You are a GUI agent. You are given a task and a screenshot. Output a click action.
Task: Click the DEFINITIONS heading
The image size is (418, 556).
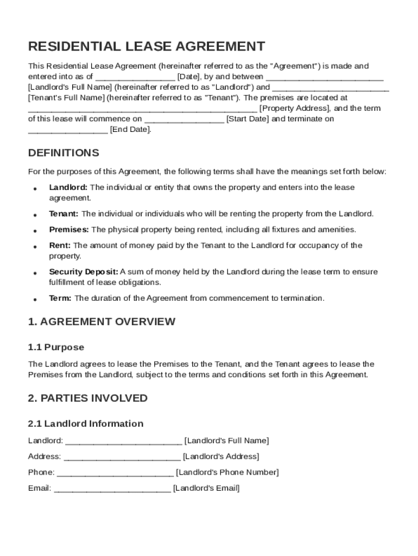pos(64,153)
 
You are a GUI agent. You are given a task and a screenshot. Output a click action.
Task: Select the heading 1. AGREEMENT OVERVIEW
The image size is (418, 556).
pos(102,321)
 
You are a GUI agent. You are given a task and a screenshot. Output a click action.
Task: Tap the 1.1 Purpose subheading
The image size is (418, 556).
pos(56,347)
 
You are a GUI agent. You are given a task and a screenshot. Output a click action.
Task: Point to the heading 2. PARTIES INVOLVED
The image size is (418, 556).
pos(87,398)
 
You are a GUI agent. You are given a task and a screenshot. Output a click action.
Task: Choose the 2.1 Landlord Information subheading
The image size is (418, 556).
pos(86,424)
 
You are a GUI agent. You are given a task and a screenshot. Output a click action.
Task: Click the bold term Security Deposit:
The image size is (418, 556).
pos(84,271)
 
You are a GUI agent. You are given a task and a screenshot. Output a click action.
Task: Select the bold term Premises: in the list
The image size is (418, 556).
pos(69,229)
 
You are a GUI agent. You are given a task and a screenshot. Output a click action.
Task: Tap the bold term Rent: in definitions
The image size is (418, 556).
pos(60,245)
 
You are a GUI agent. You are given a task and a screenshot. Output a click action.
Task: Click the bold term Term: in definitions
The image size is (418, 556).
pos(60,298)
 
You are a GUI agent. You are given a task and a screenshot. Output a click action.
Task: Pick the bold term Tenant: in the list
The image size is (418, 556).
pos(64,213)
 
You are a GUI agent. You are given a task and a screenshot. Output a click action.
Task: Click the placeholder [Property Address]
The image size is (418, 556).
pos(294,108)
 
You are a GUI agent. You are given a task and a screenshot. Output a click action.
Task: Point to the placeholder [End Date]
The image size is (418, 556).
pos(130,129)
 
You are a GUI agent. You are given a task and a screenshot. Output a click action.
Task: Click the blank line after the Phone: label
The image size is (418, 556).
pos(115,472)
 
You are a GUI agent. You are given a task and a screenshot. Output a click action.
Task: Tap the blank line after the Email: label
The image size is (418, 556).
pos(112,488)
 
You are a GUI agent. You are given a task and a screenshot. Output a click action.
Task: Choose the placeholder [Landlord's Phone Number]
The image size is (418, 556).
pos(227,472)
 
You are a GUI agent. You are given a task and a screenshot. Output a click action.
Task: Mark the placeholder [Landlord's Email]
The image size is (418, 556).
pos(206,488)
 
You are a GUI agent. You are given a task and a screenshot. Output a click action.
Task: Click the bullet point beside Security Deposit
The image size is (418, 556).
pos(35,273)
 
